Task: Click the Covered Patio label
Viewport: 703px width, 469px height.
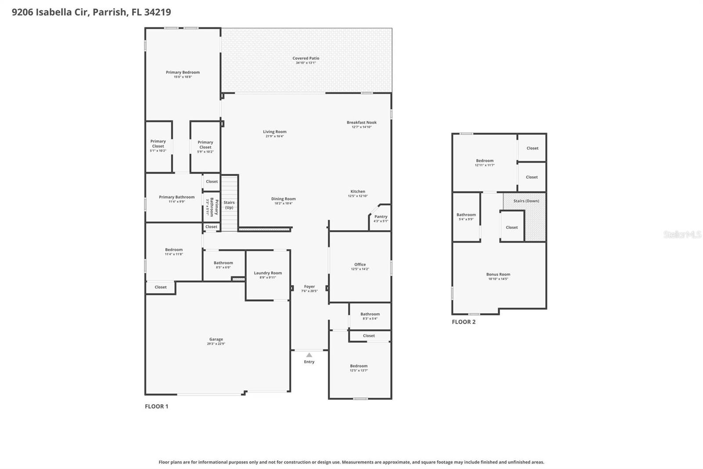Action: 306,58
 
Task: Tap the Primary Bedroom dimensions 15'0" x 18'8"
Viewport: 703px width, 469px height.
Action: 183,77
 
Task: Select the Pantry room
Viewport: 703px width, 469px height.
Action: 380,218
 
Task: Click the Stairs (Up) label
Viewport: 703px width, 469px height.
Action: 229,205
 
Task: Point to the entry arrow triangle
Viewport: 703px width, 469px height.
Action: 309,355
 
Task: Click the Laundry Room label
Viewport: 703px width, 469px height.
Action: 268,273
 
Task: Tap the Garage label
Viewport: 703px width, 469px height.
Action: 216,339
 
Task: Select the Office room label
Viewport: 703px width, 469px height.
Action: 360,264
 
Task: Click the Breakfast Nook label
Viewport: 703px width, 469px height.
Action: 362,122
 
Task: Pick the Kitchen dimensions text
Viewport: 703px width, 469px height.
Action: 358,196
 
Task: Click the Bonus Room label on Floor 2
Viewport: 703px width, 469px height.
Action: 498,274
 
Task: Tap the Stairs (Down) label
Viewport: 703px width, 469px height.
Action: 526,201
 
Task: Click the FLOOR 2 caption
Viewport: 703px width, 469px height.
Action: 464,322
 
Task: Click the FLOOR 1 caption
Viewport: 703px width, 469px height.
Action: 156,406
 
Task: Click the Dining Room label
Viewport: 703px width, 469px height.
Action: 283,199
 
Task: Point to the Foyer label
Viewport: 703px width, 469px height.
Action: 309,286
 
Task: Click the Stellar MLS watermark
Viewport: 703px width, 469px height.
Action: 682,234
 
